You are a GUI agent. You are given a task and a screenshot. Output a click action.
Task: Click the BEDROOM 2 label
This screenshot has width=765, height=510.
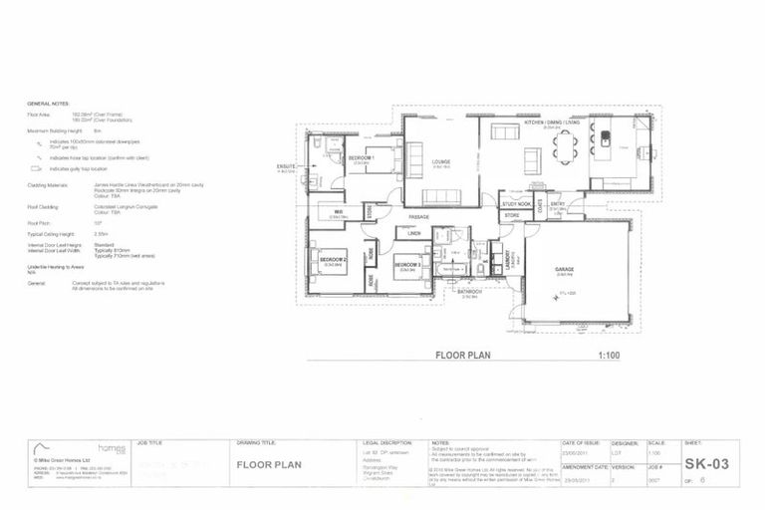(x=332, y=259)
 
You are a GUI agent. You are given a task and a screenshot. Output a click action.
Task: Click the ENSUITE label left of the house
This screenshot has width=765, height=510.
(x=287, y=167)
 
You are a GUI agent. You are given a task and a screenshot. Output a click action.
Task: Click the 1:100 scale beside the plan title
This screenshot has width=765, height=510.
(x=611, y=353)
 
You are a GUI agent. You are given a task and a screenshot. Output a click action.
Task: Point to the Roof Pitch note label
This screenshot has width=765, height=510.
(x=39, y=223)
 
